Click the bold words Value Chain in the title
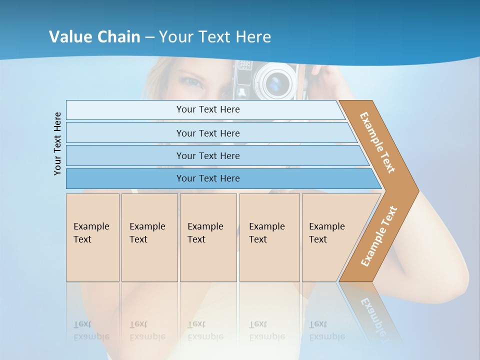pyautogui.click(x=94, y=37)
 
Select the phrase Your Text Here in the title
pyautogui.click(x=215, y=37)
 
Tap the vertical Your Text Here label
pyautogui.click(x=57, y=143)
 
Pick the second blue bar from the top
pyautogui.click(x=207, y=133)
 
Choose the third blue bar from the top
pyautogui.click(x=207, y=155)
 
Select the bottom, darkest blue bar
pyautogui.click(x=207, y=178)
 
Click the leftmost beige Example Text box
pyautogui.click(x=92, y=237)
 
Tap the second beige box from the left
pyautogui.click(x=149, y=237)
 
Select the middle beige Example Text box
pyautogui.click(x=208, y=237)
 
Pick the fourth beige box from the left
pyautogui.click(x=269, y=237)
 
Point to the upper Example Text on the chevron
pyautogui.click(x=377, y=142)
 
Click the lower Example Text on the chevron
pyautogui.click(x=378, y=236)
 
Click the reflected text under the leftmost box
pyautogui.click(x=91, y=330)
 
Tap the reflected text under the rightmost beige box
pyautogui.click(x=326, y=330)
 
